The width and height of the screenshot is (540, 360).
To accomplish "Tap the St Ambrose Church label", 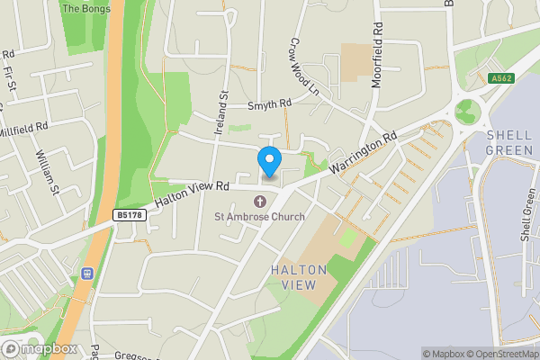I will pos(259,216).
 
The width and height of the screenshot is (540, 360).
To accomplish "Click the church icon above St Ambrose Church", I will pos(260,201).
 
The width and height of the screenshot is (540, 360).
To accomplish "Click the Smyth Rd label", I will pos(271,105).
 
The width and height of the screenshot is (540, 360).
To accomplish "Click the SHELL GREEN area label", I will pos(509,142).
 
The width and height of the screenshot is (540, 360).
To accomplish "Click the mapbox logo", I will pos(39,348).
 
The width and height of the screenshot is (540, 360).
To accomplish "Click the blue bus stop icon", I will pos(88,273).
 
